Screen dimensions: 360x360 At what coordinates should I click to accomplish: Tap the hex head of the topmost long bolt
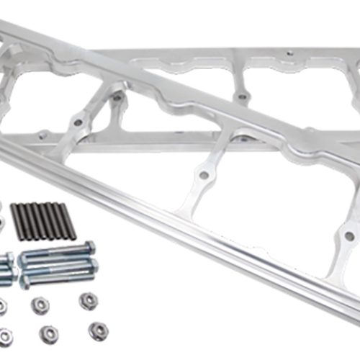pos(90,247)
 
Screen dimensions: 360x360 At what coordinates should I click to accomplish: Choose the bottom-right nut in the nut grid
pos(97,330)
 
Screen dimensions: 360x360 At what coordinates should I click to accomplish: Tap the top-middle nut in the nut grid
pos(40,305)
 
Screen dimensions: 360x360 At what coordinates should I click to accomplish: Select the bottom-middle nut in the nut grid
pos(49,333)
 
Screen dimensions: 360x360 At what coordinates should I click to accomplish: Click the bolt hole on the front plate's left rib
pos(204,175)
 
